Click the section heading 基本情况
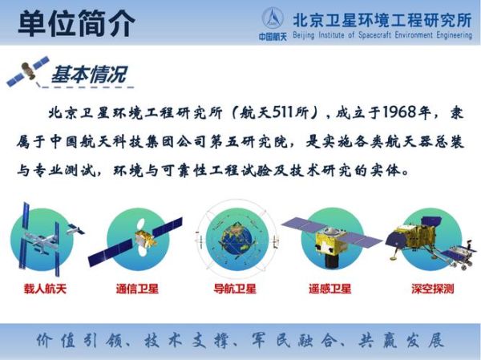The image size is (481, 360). pos(89,75)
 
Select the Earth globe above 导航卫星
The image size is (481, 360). pos(232,238)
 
